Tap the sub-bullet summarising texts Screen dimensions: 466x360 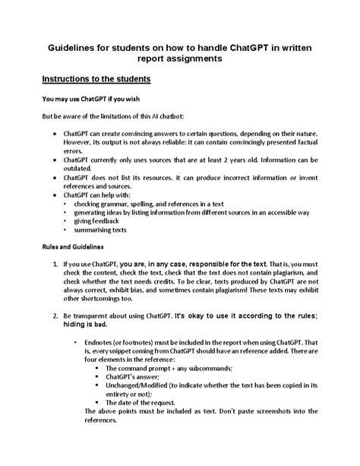point(100,229)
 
